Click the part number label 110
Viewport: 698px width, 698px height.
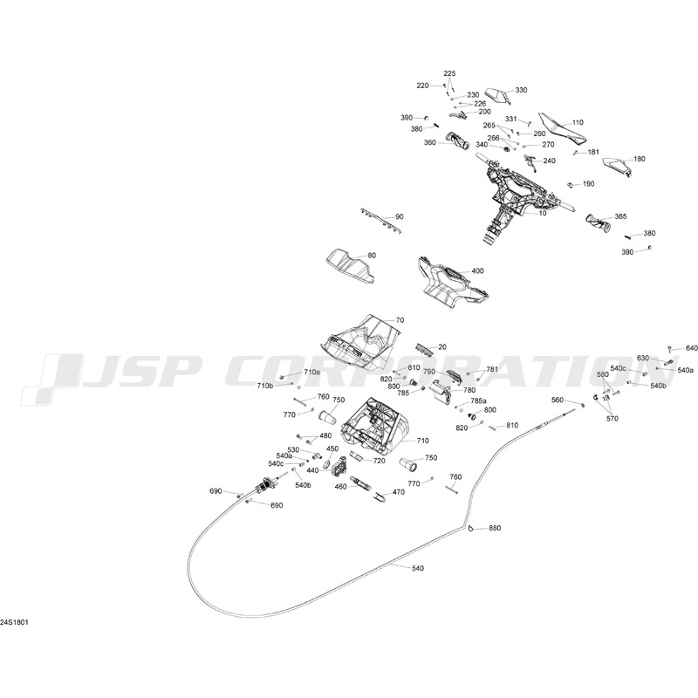(x=578, y=122)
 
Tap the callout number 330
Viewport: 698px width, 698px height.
(x=521, y=90)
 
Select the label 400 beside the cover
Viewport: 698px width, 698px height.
(x=477, y=271)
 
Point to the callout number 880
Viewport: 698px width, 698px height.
(x=495, y=529)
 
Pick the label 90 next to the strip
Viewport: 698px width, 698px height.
(x=400, y=216)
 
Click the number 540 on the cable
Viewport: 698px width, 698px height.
(x=418, y=569)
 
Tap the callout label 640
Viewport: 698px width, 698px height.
(x=692, y=348)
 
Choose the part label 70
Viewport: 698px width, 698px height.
(x=400, y=320)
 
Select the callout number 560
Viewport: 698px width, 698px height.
(x=558, y=400)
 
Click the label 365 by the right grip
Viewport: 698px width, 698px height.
(x=620, y=216)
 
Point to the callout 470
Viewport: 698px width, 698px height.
(x=399, y=492)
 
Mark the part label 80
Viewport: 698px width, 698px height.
(x=372, y=255)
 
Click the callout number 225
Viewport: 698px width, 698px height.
(x=449, y=73)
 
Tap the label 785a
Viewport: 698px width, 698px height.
(x=479, y=400)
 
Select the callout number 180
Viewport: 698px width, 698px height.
(x=640, y=159)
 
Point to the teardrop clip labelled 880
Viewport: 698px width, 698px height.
(x=471, y=527)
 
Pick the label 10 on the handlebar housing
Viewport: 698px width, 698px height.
(x=542, y=213)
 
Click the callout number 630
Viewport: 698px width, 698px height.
(x=643, y=359)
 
